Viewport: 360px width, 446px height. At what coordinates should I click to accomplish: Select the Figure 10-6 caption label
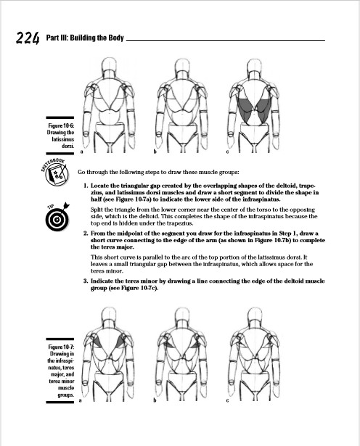click(61, 136)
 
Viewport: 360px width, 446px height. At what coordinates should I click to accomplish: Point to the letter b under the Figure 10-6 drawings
click(155, 153)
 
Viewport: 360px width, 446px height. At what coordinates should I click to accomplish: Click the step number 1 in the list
click(86, 186)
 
